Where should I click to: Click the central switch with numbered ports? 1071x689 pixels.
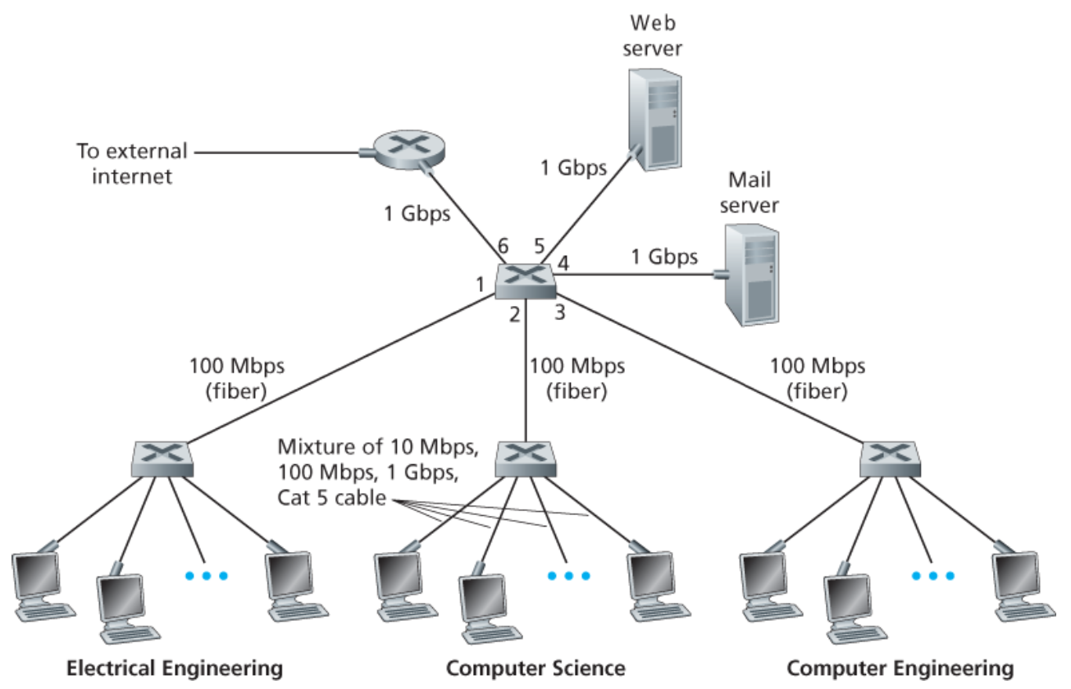526,281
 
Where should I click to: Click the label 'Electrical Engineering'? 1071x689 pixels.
175,668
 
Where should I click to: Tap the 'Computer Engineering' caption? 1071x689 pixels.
900,668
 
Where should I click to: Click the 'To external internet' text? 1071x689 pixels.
131,164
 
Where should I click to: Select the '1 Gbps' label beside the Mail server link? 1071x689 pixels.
664,257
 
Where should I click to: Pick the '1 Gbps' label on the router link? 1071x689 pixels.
417,214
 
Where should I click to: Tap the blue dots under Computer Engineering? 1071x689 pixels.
934,575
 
